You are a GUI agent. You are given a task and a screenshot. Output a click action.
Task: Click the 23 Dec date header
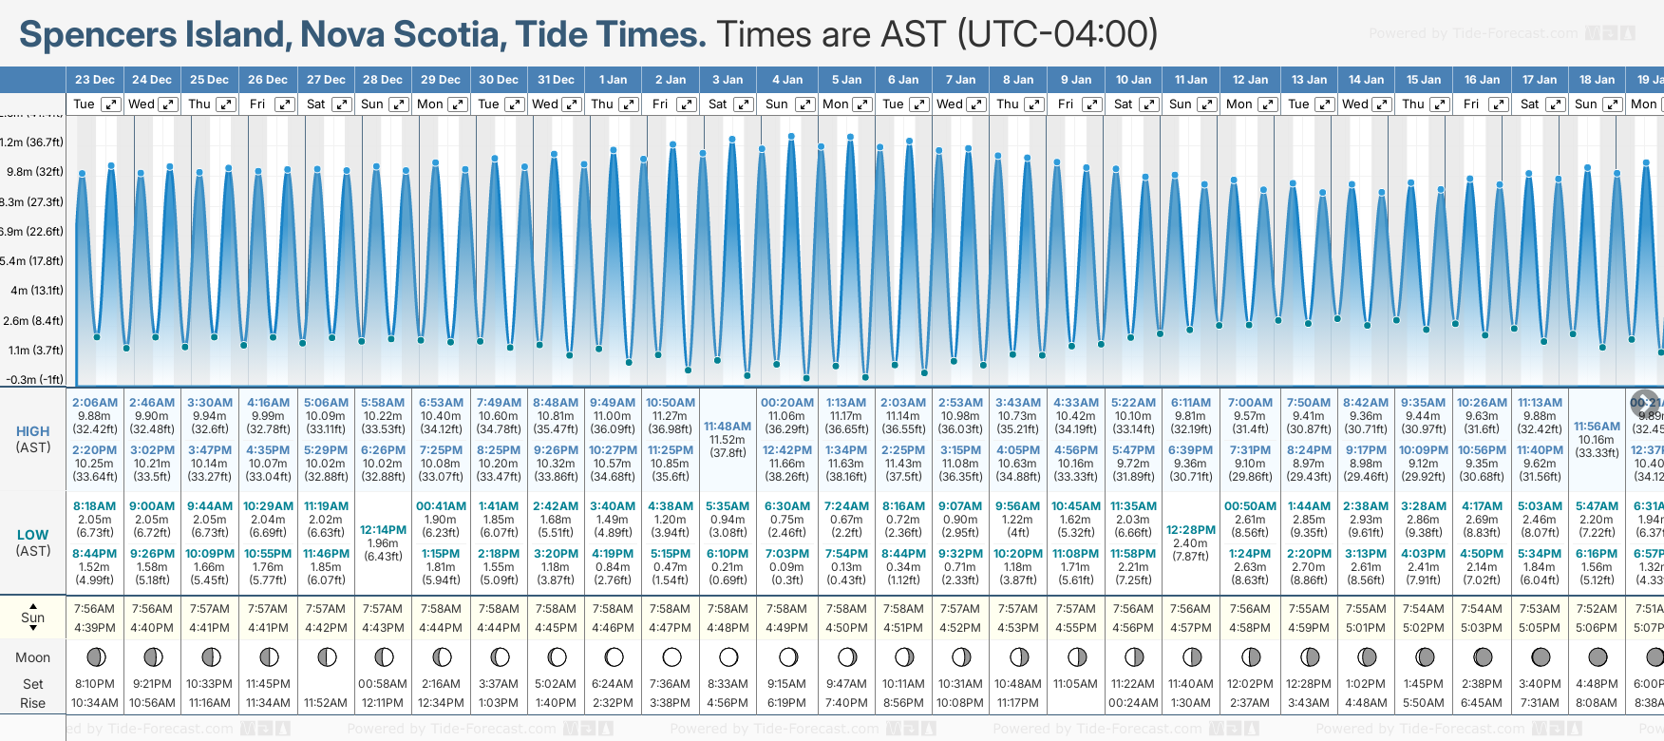coord(94,80)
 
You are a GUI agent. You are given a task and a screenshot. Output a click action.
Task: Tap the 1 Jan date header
coord(613,80)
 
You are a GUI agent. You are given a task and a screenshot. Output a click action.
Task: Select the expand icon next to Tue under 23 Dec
coord(111,104)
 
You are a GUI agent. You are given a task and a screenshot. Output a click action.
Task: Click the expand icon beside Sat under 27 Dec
coord(342,104)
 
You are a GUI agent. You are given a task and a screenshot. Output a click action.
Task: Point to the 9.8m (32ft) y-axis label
coord(35,172)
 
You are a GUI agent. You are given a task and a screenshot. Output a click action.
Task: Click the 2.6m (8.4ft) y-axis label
coord(33,320)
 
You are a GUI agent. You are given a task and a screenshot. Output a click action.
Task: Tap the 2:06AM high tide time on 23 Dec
coord(95,403)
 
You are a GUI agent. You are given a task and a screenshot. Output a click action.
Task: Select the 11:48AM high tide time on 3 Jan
coord(728,427)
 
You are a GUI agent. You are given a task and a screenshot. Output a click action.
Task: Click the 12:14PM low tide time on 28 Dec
coord(383,530)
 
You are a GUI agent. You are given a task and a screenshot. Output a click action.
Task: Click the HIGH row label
coord(33,431)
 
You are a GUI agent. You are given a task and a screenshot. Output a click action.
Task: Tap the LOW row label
coord(33,535)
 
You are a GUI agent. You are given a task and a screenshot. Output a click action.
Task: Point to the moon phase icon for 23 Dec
coord(95,656)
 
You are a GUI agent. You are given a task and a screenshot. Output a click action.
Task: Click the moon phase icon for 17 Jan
coord(1541,656)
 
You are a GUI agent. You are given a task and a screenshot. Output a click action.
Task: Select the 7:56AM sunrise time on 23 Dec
coord(95,609)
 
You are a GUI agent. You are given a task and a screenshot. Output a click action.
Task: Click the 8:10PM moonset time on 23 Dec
coord(95,684)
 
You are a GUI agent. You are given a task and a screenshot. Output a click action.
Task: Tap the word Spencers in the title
coord(98,35)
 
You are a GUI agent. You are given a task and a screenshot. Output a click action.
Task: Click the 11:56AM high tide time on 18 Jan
coord(1597,427)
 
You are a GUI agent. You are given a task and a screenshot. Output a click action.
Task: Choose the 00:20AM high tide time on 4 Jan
coord(786,403)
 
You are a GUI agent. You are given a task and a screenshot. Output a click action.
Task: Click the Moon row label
coord(33,657)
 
